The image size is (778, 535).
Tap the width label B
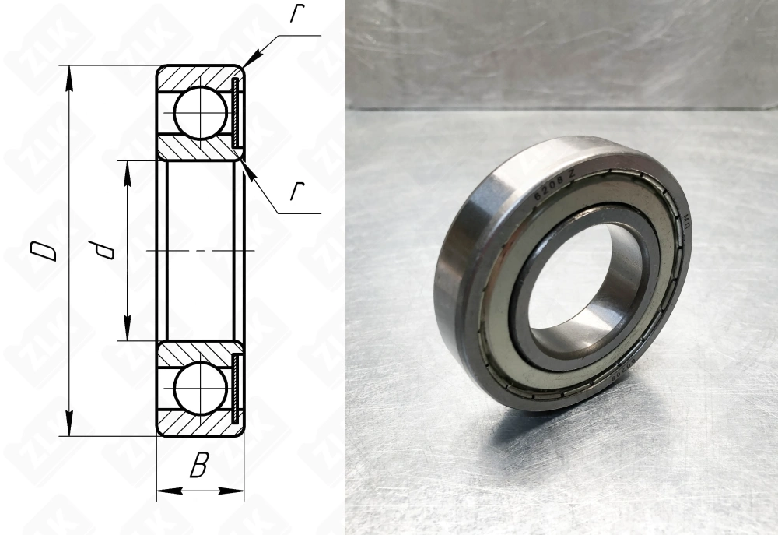point(199,467)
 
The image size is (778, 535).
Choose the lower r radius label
point(296,192)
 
